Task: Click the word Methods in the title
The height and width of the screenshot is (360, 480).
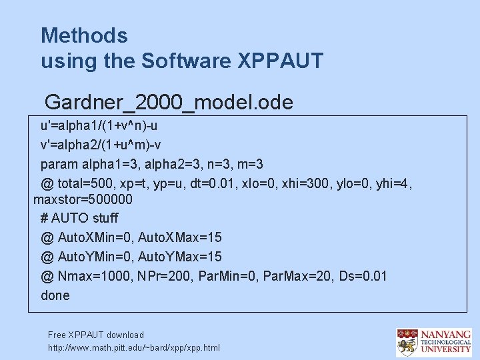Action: click(x=84, y=35)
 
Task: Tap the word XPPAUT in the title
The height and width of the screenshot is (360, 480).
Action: click(x=281, y=61)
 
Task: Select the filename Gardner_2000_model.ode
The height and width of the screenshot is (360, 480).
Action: click(x=169, y=102)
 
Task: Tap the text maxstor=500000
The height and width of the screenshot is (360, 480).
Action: click(x=83, y=199)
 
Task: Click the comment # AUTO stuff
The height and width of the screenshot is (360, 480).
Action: click(x=79, y=218)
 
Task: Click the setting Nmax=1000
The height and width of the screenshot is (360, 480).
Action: click(x=91, y=276)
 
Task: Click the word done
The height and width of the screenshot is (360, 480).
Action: click(x=55, y=295)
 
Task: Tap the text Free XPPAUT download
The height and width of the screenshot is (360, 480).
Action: click(x=96, y=335)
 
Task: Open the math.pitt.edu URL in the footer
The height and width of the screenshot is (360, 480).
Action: click(x=134, y=347)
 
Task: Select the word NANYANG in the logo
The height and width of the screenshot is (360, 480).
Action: click(x=445, y=333)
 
